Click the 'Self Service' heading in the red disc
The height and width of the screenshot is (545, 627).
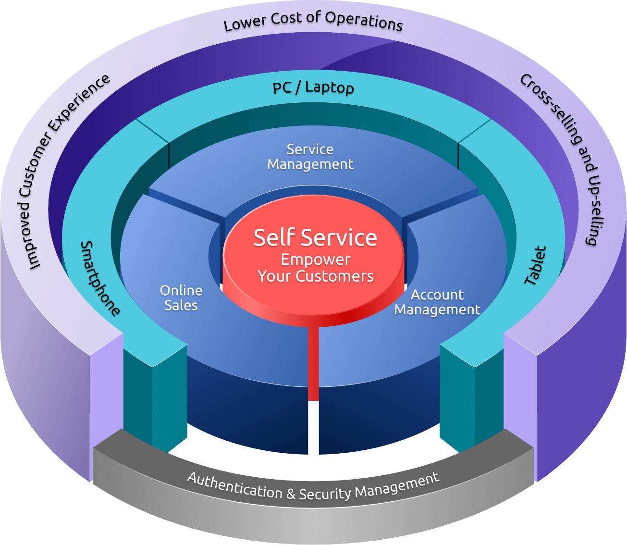tap(315, 238)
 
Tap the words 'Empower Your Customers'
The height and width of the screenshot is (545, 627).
tap(315, 268)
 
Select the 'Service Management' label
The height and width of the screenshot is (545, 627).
tap(310, 157)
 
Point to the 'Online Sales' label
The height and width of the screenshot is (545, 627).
tap(181, 298)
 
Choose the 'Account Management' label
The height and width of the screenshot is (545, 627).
tap(437, 302)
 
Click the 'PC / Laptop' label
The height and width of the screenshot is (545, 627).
tap(313, 87)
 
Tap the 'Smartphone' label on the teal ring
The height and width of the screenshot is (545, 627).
tap(100, 279)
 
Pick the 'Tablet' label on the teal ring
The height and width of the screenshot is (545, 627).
tap(535, 265)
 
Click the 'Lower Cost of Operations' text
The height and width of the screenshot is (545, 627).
tap(313, 21)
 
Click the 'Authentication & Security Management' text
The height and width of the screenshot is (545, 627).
tap(313, 487)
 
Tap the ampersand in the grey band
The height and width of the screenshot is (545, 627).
tap(291, 493)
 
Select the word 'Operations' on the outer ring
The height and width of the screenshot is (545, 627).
tap(364, 21)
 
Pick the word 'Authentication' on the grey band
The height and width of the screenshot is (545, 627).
tap(234, 485)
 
